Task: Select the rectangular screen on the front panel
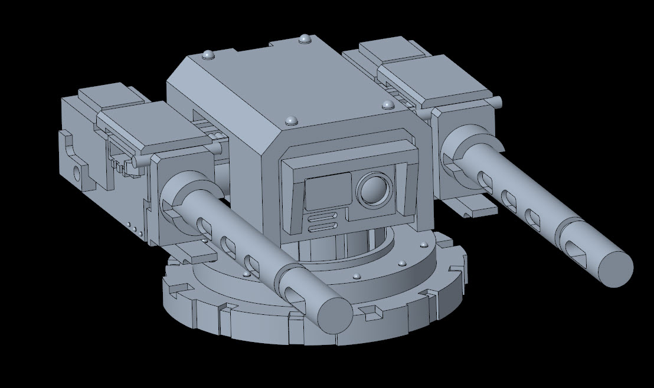329,193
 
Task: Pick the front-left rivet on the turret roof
290,120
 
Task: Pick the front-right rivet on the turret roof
388,105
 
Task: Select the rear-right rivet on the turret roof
305,38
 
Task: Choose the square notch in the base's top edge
374,311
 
